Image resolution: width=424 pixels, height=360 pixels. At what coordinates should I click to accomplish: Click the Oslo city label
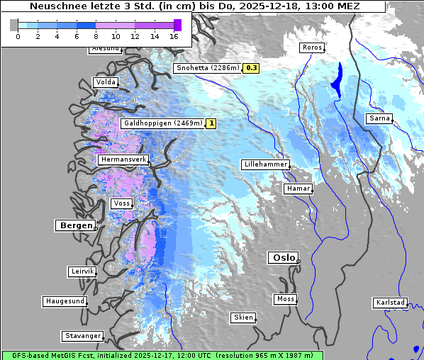284,257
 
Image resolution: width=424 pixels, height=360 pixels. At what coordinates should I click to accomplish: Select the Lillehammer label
265,164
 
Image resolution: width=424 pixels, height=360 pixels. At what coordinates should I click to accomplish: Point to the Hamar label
297,189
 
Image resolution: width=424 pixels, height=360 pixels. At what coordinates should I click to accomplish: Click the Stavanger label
82,335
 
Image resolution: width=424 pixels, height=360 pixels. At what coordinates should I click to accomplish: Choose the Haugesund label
65,301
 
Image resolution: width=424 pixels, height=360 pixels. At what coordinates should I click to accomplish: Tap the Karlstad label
391,303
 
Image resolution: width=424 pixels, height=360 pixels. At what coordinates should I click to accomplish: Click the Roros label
312,47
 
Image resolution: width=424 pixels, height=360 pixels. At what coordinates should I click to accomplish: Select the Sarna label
379,118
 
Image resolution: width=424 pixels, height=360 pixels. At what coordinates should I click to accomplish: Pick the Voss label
121,203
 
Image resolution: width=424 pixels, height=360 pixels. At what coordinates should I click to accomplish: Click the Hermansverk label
123,160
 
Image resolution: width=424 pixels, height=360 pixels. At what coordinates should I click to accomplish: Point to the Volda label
105,82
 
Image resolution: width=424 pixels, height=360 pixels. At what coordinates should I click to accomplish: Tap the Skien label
242,317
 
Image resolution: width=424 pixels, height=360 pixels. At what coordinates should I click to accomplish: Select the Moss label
285,299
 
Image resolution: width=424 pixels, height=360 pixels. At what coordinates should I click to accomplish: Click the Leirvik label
82,271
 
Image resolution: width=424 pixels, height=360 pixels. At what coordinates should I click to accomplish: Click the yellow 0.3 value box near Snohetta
252,68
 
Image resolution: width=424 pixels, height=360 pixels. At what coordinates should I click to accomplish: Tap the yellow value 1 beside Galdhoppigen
211,123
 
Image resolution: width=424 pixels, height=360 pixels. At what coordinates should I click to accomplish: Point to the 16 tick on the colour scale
174,35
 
